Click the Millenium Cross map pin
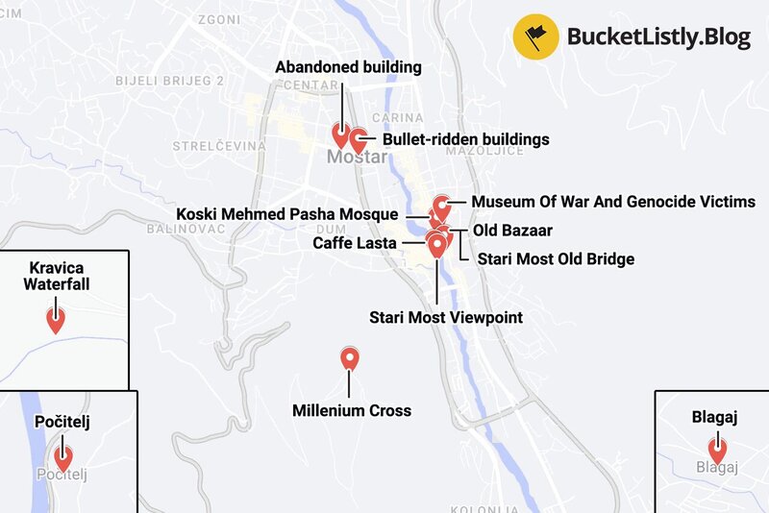pyautogui.click(x=350, y=359)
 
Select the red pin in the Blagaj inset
pyautogui.click(x=716, y=449)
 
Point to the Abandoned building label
pyautogui.click(x=348, y=67)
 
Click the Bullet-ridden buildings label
pyautogui.click(x=466, y=139)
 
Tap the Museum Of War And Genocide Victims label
pyautogui.click(x=612, y=202)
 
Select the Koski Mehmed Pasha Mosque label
pyautogui.click(x=294, y=213)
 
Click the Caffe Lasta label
pyautogui.click(x=356, y=243)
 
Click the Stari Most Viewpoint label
pyautogui.click(x=446, y=316)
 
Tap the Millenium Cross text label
pyautogui.click(x=351, y=410)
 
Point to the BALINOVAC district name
pyautogui.click(x=186, y=229)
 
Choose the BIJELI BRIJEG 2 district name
pyautogui.click(x=169, y=81)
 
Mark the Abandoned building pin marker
pyautogui.click(x=340, y=134)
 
